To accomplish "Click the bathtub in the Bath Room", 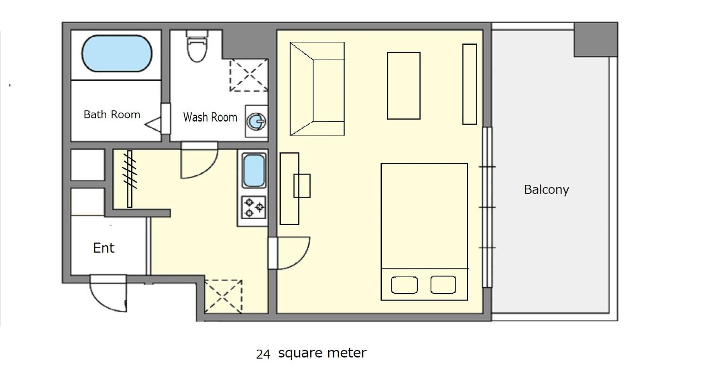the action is coord(117,53).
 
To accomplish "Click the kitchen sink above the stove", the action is coord(254,170).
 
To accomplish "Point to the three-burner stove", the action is coord(254,207).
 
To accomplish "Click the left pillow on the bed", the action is coord(404,285).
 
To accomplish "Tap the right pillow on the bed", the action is coord(443,285).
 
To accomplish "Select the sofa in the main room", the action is coord(317,89).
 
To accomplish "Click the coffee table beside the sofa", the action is coord(404,86).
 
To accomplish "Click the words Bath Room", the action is coord(112,114).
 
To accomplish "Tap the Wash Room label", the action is coord(210,117).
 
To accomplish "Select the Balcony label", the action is coord(546,190).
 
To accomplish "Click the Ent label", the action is coord(104,248).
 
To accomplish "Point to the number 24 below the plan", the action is coord(263,354).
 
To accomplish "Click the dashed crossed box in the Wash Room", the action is coord(249,75).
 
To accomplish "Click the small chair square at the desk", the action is coord(302,186).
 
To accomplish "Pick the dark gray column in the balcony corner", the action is coord(596,40).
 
